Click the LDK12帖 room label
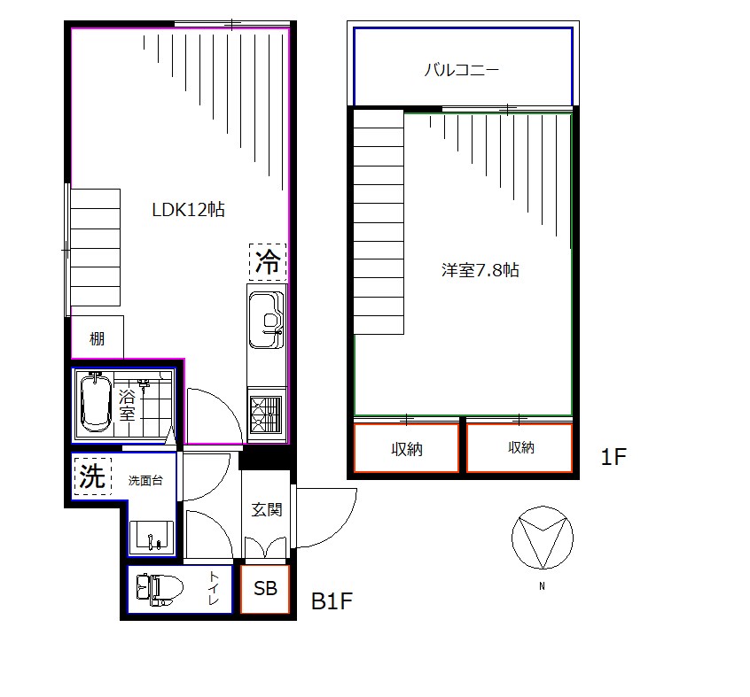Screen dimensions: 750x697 189,210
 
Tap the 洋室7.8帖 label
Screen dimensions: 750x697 480,270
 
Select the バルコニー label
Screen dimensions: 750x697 462,70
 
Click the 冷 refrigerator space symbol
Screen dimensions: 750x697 268,262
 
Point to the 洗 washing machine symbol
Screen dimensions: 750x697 93,476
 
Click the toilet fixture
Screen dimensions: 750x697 160,590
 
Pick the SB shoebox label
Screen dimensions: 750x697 265,589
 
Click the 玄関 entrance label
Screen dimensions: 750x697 267,509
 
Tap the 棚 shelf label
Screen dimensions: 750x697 98,338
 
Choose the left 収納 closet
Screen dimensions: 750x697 407,449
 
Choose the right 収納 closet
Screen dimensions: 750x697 520,447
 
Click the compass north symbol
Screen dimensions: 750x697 543,538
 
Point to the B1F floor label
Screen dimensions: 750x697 332,601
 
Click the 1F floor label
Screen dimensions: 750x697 613,457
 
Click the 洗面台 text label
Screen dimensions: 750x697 145,481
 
